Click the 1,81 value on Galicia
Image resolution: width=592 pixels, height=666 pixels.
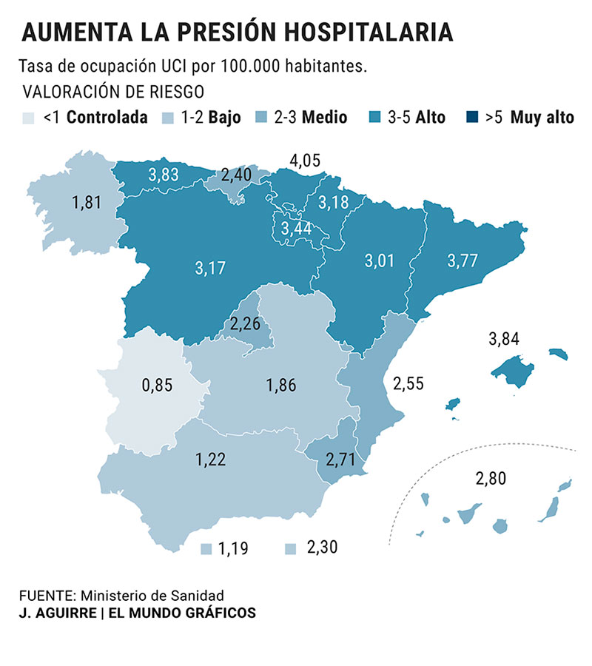click(87, 202)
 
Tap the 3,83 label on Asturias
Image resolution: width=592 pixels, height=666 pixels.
click(163, 175)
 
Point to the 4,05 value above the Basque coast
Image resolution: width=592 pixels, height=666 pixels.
click(305, 160)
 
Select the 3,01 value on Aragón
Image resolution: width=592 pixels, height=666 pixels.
click(380, 260)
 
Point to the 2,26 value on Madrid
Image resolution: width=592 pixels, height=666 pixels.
click(245, 323)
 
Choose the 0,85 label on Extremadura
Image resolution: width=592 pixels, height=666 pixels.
click(156, 385)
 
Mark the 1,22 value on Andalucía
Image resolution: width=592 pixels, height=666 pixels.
click(211, 460)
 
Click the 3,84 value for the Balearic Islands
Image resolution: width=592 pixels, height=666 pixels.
click(504, 340)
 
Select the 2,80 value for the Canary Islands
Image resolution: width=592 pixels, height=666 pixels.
click(491, 478)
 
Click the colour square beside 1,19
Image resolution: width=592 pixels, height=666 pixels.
click(206, 549)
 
